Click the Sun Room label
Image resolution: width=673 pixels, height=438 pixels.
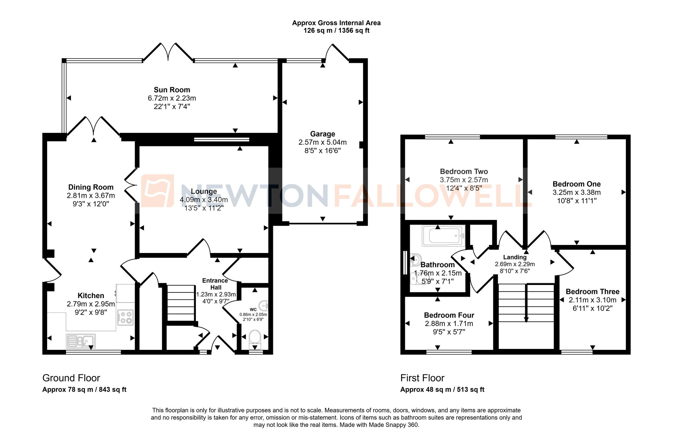tap(172, 90)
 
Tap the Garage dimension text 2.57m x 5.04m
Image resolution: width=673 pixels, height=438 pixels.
tap(322, 142)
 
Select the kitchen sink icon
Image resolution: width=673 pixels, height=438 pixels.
tap(81, 341)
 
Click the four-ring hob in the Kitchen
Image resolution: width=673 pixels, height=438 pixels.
tap(126, 317)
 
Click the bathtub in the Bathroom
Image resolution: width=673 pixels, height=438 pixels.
tap(444, 236)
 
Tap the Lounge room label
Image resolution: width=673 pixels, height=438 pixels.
tap(204, 191)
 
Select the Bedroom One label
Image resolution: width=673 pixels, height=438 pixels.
tap(576, 184)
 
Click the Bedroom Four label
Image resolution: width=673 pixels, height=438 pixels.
tap(449, 315)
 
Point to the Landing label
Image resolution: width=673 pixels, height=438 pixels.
tap(515, 257)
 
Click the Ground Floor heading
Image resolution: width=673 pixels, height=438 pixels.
tap(71, 378)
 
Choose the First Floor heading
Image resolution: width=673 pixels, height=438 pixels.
tap(422, 378)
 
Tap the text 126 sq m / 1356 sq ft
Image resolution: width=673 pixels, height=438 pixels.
tap(336, 31)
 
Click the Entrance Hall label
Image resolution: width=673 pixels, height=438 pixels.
tap(215, 284)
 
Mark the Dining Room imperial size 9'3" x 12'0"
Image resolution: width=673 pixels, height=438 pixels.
tap(91, 204)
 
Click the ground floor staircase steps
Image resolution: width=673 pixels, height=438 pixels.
tap(181, 303)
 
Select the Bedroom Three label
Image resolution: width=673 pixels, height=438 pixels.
tap(592, 292)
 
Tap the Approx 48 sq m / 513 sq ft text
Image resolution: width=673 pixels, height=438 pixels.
tap(442, 390)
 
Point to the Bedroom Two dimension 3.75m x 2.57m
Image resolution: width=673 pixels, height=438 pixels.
tap(464, 180)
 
